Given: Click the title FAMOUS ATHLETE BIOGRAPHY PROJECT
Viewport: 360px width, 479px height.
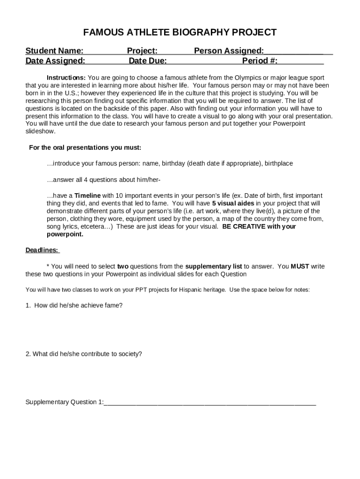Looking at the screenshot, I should tap(180, 32).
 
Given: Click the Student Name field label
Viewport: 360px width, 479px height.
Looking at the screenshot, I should tap(55, 51).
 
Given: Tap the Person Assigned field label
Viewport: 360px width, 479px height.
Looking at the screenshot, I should tap(229, 51).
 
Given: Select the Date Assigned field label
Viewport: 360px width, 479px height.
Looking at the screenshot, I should tap(55, 60).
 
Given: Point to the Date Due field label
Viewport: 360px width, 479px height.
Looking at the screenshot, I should tap(148, 60).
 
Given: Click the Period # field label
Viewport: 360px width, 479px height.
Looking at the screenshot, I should tap(260, 60).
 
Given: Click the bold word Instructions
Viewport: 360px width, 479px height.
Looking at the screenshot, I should tap(66, 77).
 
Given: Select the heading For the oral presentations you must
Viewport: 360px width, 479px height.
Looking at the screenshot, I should tap(85, 148).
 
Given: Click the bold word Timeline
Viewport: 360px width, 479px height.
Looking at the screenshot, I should tap(87, 196).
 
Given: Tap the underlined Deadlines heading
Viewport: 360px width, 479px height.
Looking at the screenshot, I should tap(42, 250).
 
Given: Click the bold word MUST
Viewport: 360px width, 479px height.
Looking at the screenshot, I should tap(300, 266).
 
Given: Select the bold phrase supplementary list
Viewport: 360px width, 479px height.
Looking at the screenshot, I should tap(214, 266).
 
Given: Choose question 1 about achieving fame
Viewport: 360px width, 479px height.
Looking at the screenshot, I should tap(74, 305).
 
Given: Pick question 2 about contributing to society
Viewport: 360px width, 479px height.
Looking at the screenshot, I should tap(84, 354).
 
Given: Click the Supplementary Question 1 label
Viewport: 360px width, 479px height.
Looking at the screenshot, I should tap(65, 402).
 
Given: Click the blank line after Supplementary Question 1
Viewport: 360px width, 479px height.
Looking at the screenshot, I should tap(210, 403).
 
